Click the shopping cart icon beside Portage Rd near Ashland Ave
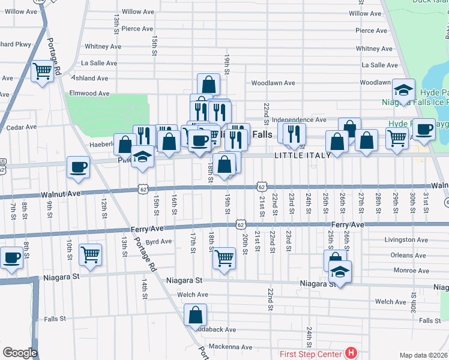pos(42,71)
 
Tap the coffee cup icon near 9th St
pos(78,166)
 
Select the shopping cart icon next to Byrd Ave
pos(90,254)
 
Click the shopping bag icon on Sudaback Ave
pos(196,314)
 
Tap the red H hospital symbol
pos(351,353)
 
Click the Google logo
pos(20,352)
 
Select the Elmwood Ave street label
pos(90,94)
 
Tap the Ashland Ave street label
pos(90,78)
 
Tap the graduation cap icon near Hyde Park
pos(403,91)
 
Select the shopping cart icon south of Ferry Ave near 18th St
pos(224,258)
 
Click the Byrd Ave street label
pos(159,242)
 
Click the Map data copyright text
pos(423,355)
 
